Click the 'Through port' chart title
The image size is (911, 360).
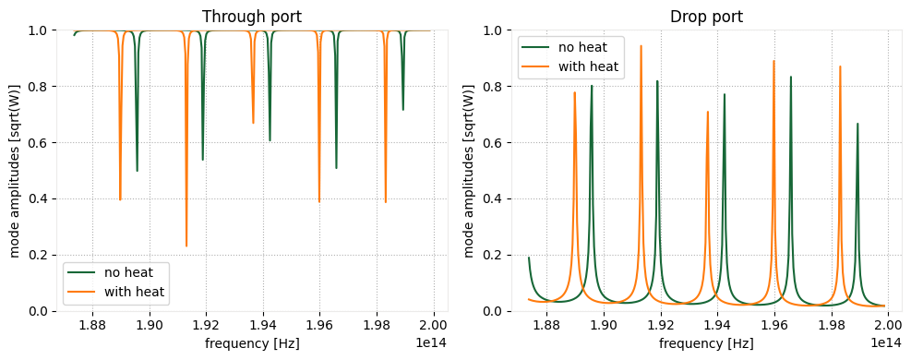pos(249,16)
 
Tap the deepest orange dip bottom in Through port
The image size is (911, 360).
pos(186,246)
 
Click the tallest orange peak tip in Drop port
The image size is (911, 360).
pos(641,46)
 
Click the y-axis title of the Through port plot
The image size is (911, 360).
pos(16,171)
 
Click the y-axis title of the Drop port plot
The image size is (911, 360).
pos(470,171)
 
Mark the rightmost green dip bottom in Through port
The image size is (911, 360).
pos(402,110)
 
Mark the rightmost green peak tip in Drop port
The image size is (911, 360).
pos(857,124)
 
